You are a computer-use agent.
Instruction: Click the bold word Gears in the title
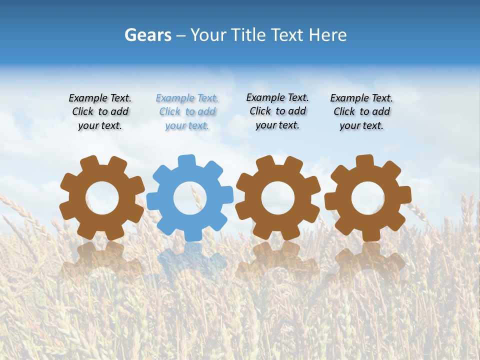point(148,35)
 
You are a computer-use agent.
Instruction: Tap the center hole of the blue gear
point(190,198)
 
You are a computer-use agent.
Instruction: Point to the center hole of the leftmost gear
point(102,198)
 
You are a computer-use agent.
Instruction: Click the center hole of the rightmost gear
point(368,198)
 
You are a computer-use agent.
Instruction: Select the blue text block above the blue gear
point(187,111)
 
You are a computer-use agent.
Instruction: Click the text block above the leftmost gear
point(100,111)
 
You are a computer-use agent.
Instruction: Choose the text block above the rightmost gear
point(361,111)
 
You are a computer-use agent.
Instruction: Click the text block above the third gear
point(277,111)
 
